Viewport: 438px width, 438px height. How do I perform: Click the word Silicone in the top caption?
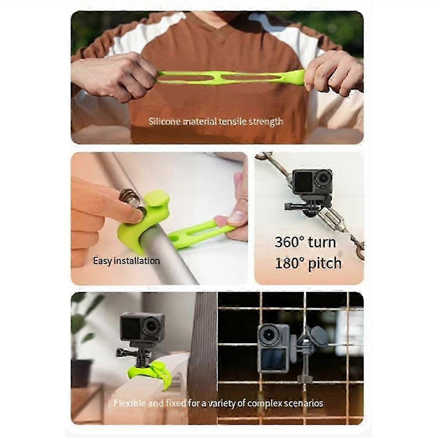[164, 121]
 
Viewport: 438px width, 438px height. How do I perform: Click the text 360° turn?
[305, 242]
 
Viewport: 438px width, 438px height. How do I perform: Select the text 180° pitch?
[308, 263]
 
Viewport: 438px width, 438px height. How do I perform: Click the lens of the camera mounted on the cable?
[322, 178]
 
